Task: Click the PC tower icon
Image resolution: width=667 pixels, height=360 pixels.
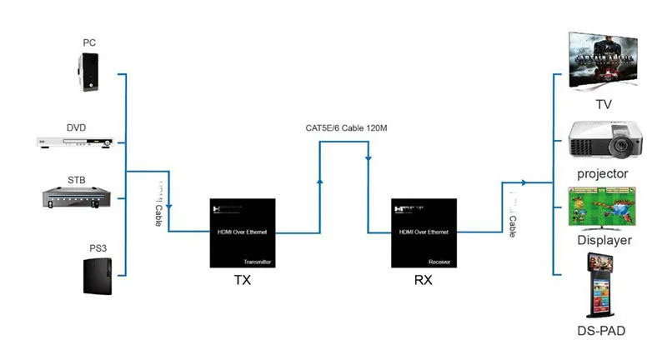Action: click(90, 72)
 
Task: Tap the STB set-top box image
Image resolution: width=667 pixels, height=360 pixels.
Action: click(77, 196)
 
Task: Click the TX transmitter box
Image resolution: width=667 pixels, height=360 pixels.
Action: click(242, 232)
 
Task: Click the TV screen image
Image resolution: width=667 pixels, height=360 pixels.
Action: click(604, 62)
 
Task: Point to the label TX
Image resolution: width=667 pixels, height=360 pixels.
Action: click(242, 280)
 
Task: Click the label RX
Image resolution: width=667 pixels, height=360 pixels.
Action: click(423, 280)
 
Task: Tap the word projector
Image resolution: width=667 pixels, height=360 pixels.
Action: click(603, 173)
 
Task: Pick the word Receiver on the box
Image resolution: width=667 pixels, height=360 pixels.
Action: click(439, 260)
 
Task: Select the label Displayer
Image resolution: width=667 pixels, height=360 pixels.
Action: click(604, 241)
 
